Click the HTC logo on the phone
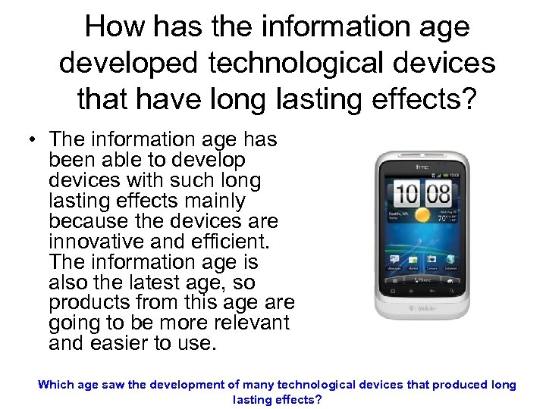pyautogui.click(x=422, y=166)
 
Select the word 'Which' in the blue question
pyautogui.click(x=55, y=385)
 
